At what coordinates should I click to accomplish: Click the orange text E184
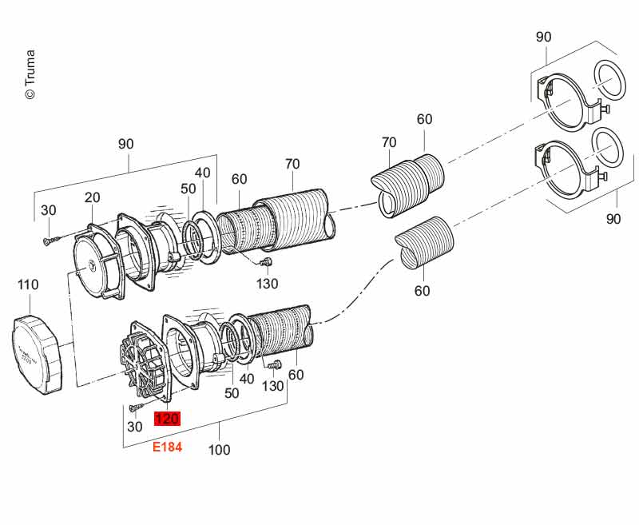[168, 447]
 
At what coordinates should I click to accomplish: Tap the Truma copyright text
[30, 76]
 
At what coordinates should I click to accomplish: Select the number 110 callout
[29, 284]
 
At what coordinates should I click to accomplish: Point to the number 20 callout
[93, 198]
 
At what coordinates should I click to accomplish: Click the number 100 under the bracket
[219, 450]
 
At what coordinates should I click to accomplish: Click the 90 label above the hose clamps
[544, 37]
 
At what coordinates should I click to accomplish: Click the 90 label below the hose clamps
[613, 219]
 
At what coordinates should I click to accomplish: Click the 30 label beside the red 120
[135, 427]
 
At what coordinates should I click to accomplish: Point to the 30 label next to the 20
[49, 210]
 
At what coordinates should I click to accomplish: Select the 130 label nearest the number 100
[273, 387]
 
